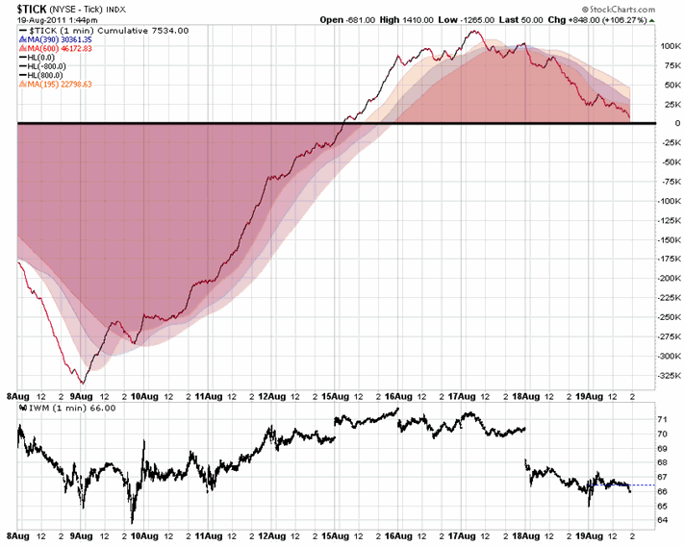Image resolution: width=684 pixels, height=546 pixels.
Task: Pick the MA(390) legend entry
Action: [x=53, y=39]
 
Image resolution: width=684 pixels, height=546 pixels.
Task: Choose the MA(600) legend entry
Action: [x=53, y=48]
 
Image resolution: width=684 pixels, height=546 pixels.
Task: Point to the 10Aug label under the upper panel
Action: [x=144, y=393]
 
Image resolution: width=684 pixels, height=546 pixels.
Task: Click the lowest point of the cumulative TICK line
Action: [x=82, y=383]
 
